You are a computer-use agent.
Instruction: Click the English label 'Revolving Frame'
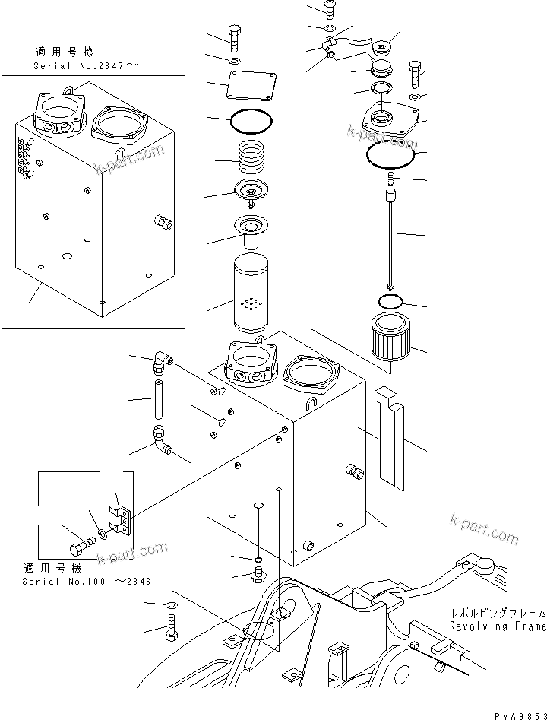point(497,626)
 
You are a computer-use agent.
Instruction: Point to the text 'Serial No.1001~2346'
point(86,582)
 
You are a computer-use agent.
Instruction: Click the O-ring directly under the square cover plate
point(250,119)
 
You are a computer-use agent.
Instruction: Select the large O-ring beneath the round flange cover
point(390,156)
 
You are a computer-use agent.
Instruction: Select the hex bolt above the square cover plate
point(234,36)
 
